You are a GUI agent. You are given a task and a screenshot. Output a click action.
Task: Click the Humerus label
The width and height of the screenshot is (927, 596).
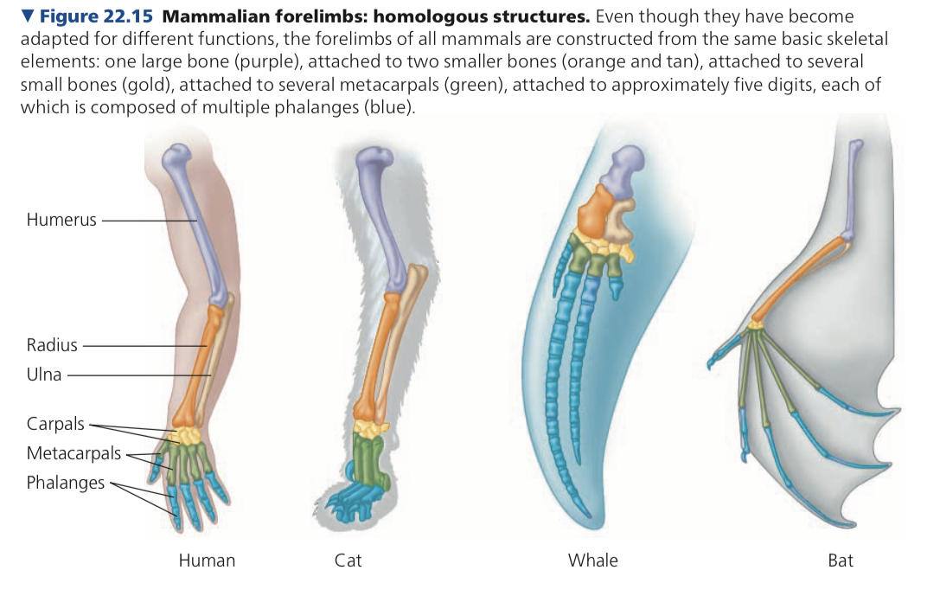point(61,220)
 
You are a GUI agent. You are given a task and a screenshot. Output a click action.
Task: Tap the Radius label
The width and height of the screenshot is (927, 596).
point(52,345)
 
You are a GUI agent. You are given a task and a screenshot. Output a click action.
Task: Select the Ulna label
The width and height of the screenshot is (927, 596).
point(43,375)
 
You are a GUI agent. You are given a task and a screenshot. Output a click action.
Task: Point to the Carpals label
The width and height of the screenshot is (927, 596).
point(55,424)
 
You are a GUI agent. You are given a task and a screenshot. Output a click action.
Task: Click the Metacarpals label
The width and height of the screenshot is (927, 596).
point(74,453)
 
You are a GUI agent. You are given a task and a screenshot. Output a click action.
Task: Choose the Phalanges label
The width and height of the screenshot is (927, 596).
point(65,482)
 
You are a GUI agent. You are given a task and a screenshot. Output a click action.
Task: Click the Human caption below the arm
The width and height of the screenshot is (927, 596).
point(207,561)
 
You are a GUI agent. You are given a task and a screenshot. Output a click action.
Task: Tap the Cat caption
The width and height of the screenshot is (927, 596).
point(348,561)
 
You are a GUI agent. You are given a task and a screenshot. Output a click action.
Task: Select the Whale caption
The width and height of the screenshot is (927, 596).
point(592,561)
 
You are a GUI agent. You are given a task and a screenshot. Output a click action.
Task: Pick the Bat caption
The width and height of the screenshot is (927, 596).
point(840,561)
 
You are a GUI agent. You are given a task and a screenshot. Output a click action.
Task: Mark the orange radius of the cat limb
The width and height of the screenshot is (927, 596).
point(383,355)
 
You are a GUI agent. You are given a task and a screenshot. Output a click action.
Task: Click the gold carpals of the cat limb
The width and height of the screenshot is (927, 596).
point(372,427)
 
